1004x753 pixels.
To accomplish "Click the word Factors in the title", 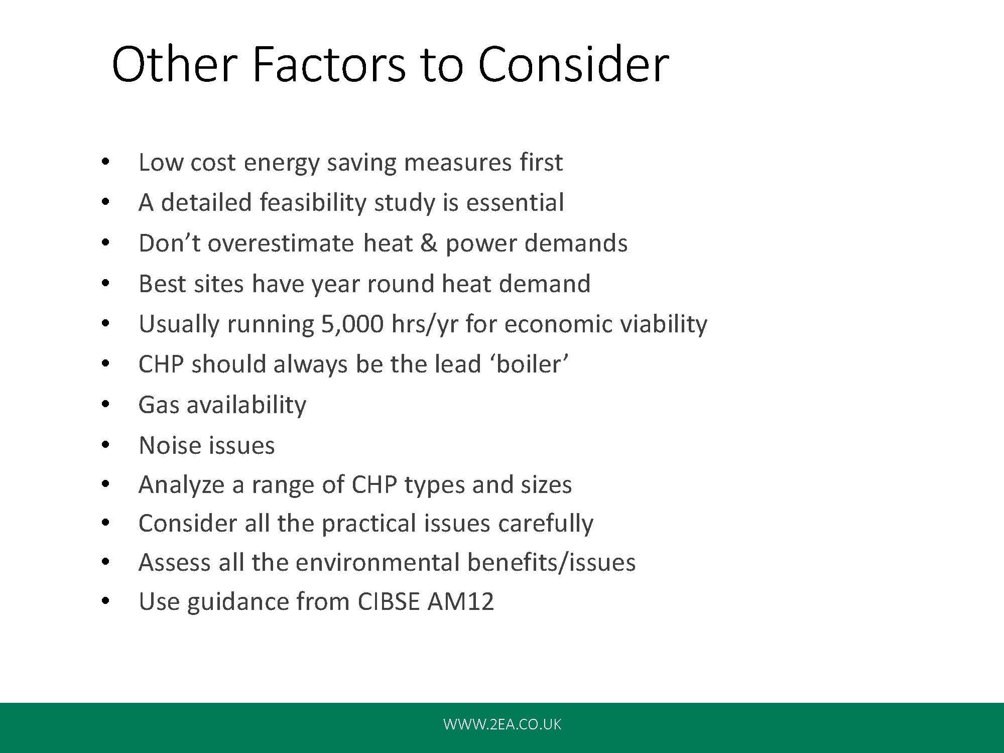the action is [x=328, y=64].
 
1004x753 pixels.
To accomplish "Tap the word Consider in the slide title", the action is [x=573, y=64].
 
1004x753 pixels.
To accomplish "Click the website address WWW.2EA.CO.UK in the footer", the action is [x=502, y=724].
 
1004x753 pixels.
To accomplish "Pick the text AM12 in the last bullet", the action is [x=460, y=601].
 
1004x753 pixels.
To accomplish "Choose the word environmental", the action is [x=378, y=562].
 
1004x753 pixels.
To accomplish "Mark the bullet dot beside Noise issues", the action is [x=105, y=445].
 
